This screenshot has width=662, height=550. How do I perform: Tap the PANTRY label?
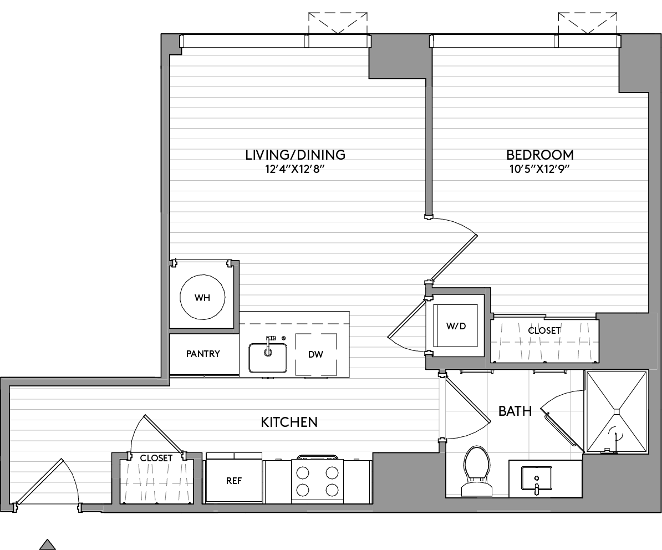tap(203, 354)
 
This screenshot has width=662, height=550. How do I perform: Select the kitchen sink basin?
tap(268, 358)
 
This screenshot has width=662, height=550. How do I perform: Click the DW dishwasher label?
tap(315, 355)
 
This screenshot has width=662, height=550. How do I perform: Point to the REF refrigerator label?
tap(234, 481)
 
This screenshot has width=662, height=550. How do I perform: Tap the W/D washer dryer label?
tap(456, 326)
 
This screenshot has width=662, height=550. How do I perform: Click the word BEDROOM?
tap(540, 155)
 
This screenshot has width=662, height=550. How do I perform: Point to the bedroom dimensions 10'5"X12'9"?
tap(540, 170)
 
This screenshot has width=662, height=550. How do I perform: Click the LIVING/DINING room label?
tap(296, 155)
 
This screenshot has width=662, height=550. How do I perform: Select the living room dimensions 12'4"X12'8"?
tap(296, 170)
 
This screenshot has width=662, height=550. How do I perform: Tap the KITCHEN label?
tap(289, 422)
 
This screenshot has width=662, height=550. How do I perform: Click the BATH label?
tap(515, 411)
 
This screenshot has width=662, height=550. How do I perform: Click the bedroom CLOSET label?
tap(544, 330)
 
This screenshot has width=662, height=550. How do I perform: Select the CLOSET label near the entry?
tap(156, 458)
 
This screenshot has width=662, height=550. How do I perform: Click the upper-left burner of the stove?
tap(303, 472)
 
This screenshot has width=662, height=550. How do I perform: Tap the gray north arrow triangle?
tap(48, 544)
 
